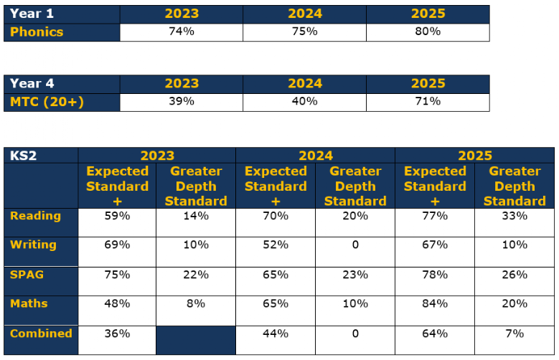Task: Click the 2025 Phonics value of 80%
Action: [x=428, y=32]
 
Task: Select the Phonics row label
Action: [x=37, y=32]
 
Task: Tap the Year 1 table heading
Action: [x=32, y=14]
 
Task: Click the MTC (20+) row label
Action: [x=47, y=102]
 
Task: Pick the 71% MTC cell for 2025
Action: [x=428, y=101]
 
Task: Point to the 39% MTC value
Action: [x=182, y=101]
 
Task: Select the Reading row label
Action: [x=35, y=216]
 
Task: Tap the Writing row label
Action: [x=33, y=245]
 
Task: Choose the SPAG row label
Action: [x=27, y=275]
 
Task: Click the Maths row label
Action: [x=29, y=303]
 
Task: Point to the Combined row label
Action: [x=41, y=333]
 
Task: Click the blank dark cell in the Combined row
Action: [x=196, y=340]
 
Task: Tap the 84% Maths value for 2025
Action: [x=435, y=303]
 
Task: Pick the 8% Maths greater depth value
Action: [x=196, y=303]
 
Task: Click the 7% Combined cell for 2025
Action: [x=515, y=333]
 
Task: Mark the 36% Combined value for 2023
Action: [x=117, y=333]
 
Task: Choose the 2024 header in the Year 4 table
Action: [x=305, y=84]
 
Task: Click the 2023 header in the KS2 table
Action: [x=157, y=156]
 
